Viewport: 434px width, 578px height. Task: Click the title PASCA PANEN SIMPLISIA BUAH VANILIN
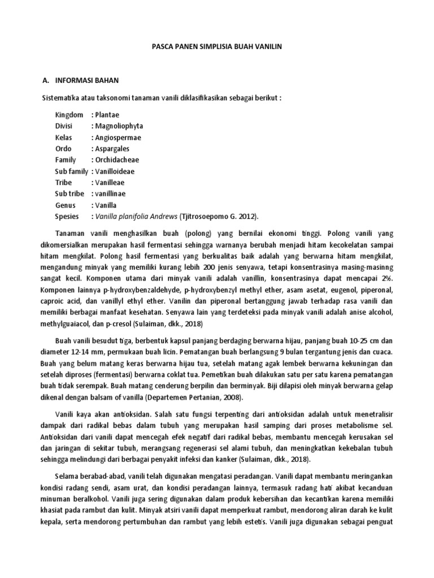216,50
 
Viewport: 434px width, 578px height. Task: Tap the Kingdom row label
69,115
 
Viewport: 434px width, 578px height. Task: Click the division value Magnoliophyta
118,126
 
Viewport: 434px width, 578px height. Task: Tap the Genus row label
65,205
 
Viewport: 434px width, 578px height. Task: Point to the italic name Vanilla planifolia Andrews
136,217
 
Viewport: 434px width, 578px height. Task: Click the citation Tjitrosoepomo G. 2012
218,217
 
